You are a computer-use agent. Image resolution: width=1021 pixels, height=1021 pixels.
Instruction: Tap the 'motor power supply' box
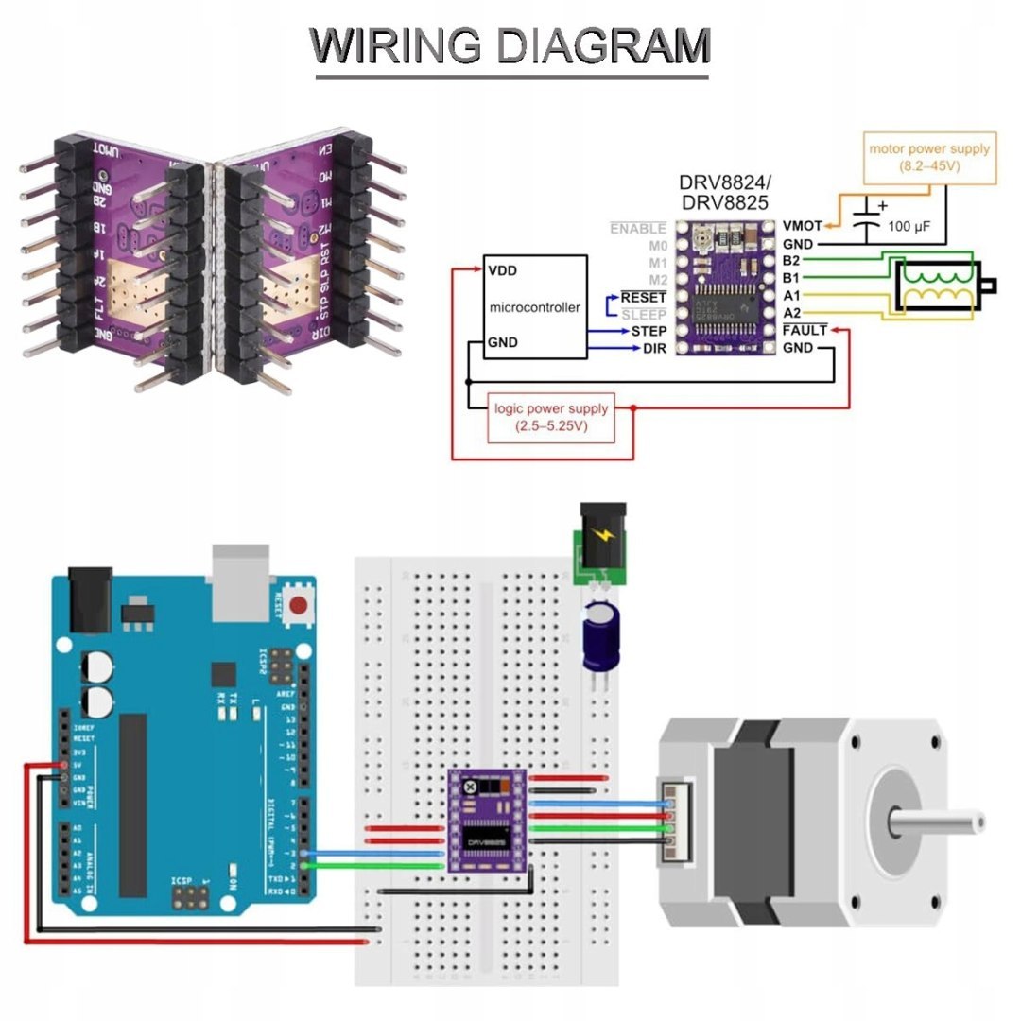coord(929,158)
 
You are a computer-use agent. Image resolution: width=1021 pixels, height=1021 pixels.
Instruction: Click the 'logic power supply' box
coord(551,417)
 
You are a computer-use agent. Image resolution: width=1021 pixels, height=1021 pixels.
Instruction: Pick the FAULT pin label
coord(805,331)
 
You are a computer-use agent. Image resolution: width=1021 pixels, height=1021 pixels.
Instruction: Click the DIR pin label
coord(654,350)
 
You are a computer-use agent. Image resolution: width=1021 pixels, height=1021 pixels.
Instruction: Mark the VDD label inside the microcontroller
coord(503,269)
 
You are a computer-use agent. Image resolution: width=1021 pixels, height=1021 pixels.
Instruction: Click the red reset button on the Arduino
coord(301,606)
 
